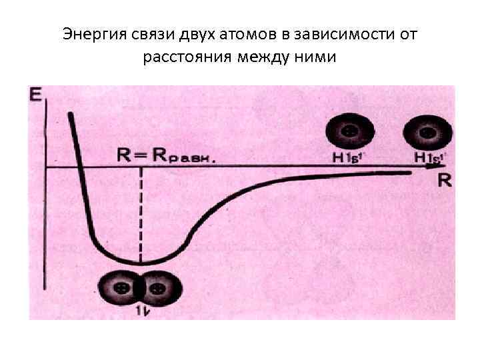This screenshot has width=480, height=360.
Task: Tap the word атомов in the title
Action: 228,34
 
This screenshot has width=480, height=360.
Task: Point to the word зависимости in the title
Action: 321,34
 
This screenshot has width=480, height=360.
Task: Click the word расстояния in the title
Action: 185,58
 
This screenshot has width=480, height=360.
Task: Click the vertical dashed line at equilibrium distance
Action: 141,213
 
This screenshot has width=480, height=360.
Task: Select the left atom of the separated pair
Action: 347,132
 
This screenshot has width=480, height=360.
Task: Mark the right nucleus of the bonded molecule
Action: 157,289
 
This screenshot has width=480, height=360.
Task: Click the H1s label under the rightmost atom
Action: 430,157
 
